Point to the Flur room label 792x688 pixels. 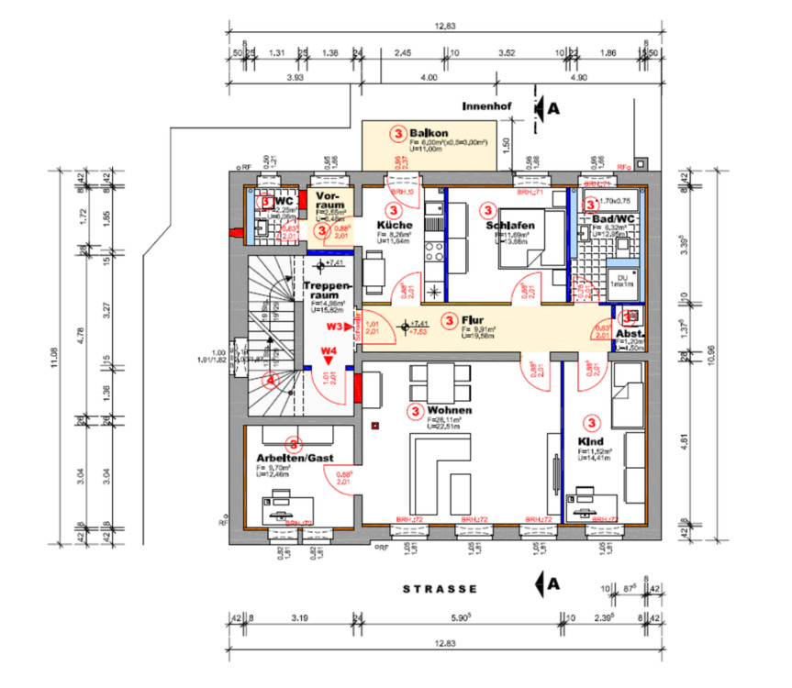tap(473, 320)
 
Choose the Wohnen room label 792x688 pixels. tap(450, 410)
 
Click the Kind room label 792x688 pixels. tap(590, 440)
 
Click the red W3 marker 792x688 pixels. tap(334, 326)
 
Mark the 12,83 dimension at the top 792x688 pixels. tap(445, 27)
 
